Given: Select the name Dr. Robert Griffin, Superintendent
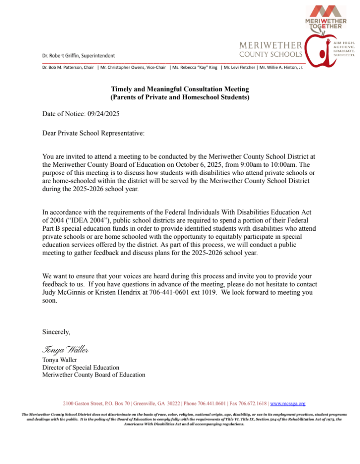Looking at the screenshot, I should tap(78, 55).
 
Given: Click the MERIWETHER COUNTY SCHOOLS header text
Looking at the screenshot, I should tap(270, 49).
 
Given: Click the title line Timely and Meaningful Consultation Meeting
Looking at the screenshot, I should tap(180, 89).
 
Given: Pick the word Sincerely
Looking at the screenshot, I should tap(56, 332).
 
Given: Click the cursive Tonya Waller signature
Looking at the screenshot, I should tap(65, 349).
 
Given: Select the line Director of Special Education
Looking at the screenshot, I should tap(81, 367).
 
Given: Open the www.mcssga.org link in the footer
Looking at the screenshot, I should tap(287, 403).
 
